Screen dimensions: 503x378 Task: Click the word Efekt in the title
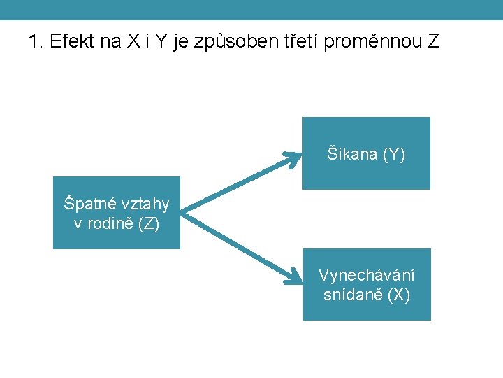(x=71, y=42)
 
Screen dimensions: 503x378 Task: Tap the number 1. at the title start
(x=36, y=42)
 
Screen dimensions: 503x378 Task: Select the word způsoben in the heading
(x=243, y=42)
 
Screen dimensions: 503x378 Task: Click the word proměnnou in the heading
(x=374, y=42)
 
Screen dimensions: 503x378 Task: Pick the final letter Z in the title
(x=435, y=42)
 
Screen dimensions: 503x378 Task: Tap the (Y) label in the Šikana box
(x=393, y=154)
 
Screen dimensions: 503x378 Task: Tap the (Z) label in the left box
(x=148, y=224)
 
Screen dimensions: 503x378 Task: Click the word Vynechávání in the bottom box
(x=366, y=275)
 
